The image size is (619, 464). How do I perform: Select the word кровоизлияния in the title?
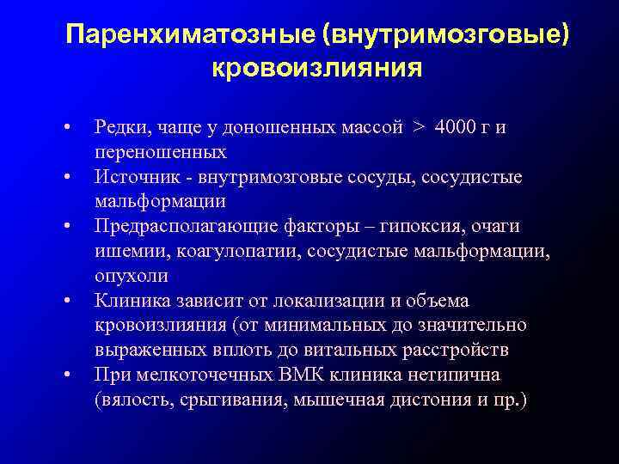(x=316, y=68)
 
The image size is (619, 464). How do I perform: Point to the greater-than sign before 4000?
(x=418, y=127)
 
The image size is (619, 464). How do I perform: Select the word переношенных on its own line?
(x=161, y=152)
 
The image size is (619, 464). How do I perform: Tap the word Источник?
(x=131, y=176)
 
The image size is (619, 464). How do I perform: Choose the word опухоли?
(x=132, y=276)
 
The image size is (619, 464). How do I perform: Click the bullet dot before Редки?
(x=66, y=129)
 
